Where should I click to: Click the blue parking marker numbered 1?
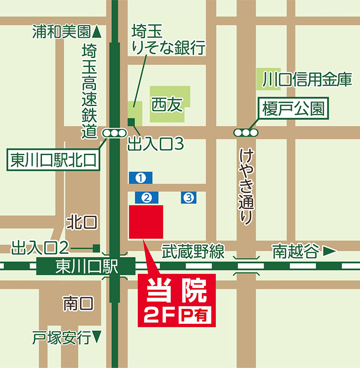[141, 178]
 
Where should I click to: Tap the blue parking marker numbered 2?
[147, 197]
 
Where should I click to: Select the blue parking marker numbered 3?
[189, 197]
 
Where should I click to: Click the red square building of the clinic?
[146, 221]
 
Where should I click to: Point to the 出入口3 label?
[156, 143]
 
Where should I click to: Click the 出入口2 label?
[41, 248]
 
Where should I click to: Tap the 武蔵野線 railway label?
[192, 251]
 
